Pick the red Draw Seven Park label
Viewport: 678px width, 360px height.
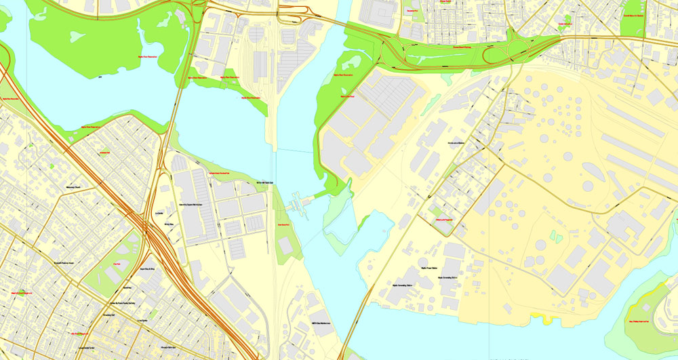pyautogui.click(x=284, y=224)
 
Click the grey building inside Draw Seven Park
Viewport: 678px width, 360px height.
pyautogui.click(x=286, y=247)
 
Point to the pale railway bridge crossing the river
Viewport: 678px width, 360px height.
pyautogui.click(x=275, y=115)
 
